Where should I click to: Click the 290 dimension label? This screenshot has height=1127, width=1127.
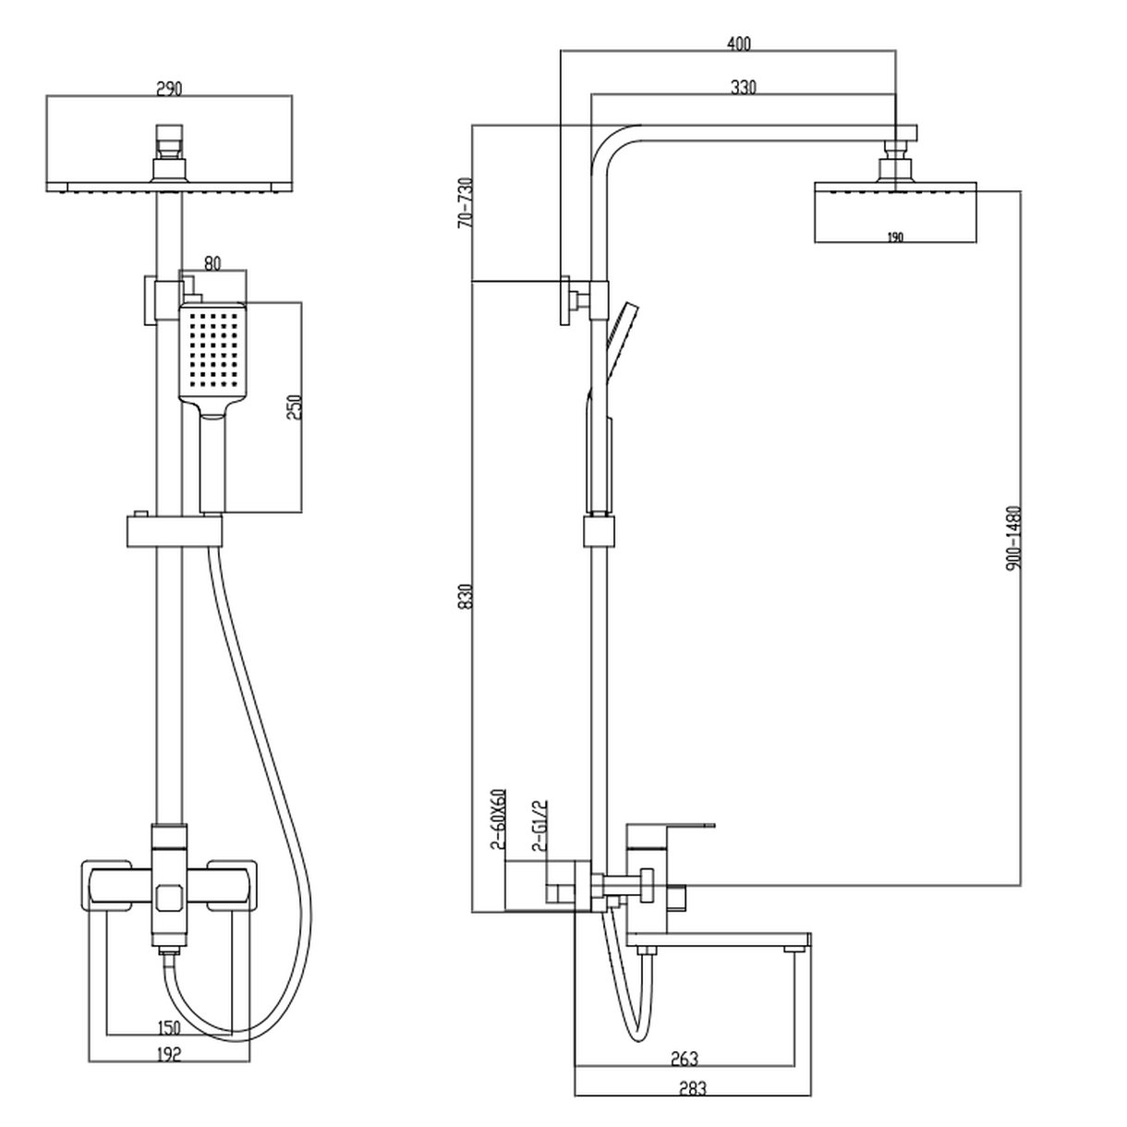click(x=169, y=89)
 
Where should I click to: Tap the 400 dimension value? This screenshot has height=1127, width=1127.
click(x=739, y=43)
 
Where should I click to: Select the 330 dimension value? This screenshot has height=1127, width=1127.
click(x=744, y=88)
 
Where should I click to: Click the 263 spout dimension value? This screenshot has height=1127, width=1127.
click(x=685, y=1059)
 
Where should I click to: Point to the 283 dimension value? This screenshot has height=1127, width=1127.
click(x=691, y=1089)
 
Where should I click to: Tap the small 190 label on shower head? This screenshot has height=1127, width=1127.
click(x=894, y=237)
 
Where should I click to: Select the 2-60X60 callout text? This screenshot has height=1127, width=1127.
click(x=496, y=818)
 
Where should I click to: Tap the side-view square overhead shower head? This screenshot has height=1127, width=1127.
click(x=894, y=212)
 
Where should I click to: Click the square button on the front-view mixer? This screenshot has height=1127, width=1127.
click(x=167, y=896)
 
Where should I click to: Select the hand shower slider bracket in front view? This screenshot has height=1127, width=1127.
click(x=175, y=530)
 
